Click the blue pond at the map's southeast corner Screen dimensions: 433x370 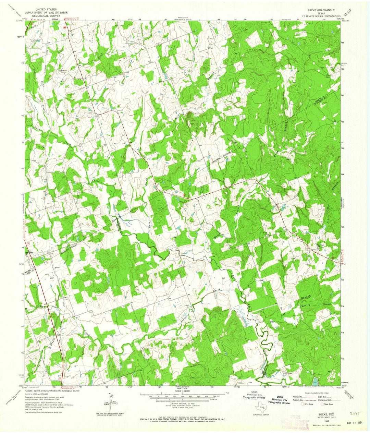coord(315,380)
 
